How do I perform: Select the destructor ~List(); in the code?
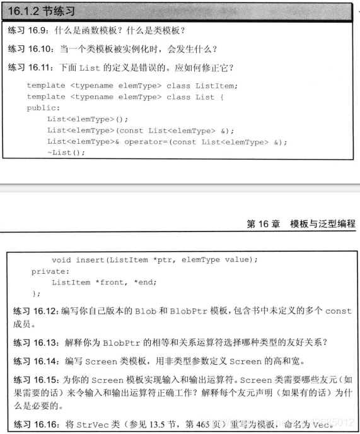(x=66, y=151)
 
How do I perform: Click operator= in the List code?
(x=145, y=141)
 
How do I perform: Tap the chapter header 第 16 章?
(x=264, y=224)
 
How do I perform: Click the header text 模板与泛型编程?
(x=323, y=224)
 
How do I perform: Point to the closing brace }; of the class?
(x=35, y=293)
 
